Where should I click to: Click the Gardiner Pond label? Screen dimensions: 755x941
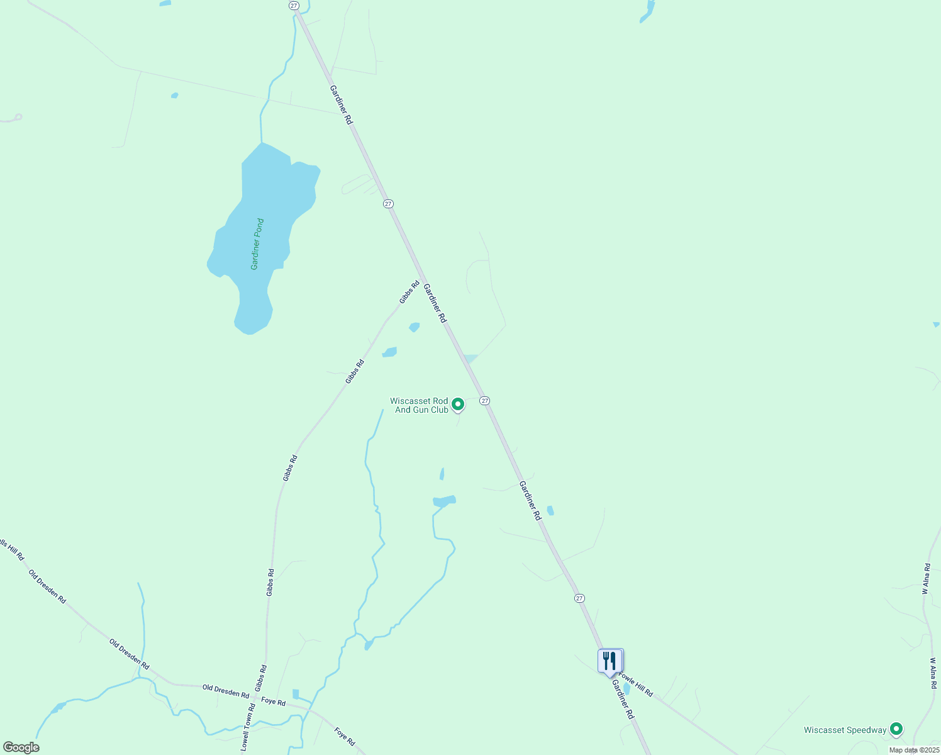[257, 244]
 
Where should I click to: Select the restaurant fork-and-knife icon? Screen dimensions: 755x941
[610, 661]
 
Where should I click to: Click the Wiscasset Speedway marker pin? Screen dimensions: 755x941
[896, 729]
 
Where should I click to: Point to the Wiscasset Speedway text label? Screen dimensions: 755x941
[845, 730]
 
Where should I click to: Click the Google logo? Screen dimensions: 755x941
[21, 747]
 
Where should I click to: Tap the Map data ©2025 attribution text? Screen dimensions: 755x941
[913, 750]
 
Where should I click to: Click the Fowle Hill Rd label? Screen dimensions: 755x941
[635, 685]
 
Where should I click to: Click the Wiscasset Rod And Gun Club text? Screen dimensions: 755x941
[420, 405]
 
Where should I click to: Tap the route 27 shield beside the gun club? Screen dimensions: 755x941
[484, 401]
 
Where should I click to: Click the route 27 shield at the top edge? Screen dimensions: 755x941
[294, 5]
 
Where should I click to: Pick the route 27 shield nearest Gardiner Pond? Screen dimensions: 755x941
[388, 203]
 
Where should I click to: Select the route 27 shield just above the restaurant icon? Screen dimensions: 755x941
[579, 598]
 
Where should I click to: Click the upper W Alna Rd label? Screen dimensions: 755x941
[925, 579]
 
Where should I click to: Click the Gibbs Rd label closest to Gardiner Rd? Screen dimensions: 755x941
[409, 292]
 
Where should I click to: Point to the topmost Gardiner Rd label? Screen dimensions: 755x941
[341, 104]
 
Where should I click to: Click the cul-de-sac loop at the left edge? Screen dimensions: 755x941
[18, 117]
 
